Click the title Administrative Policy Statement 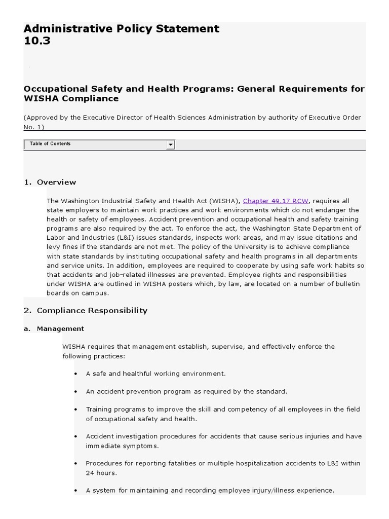tap(122, 29)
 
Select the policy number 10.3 tap(37, 42)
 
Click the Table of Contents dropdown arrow tap(171, 145)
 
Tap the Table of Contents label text tap(50, 144)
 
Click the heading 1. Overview tap(50, 182)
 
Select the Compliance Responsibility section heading tap(92, 310)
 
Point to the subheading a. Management tap(60, 328)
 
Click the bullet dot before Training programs tap(75, 410)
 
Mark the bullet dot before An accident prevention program tap(75, 392)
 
